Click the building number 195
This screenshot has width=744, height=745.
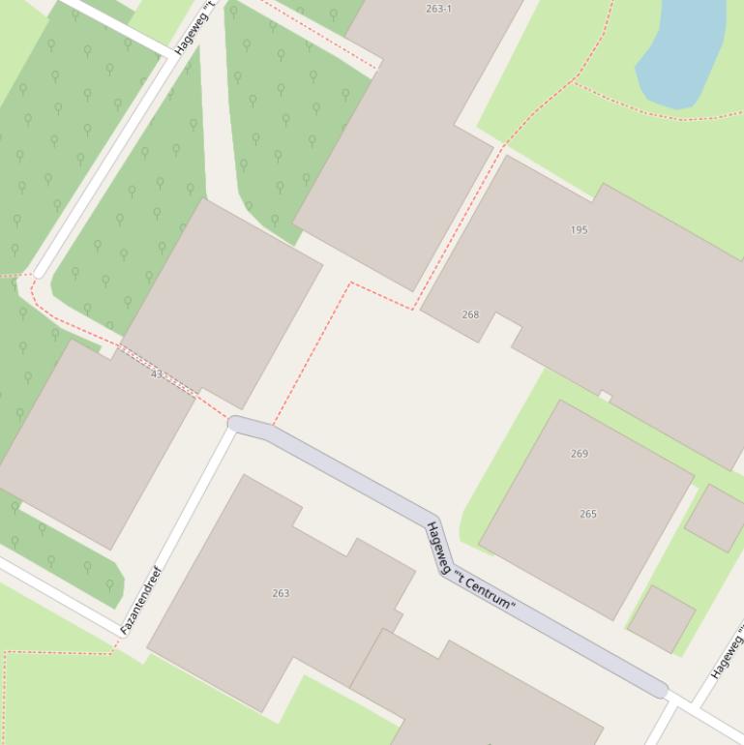click(x=580, y=230)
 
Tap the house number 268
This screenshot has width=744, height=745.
click(x=470, y=314)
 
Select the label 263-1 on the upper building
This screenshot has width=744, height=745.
click(x=438, y=9)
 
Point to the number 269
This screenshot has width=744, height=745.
click(x=580, y=454)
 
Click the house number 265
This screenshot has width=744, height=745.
click(x=588, y=514)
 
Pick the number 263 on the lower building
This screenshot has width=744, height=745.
click(x=281, y=593)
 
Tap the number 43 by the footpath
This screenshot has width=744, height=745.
click(x=157, y=373)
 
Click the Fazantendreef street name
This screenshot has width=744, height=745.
click(x=140, y=601)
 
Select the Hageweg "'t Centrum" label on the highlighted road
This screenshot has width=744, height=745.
click(x=469, y=568)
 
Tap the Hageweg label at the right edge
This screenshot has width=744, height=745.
click(x=727, y=654)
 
